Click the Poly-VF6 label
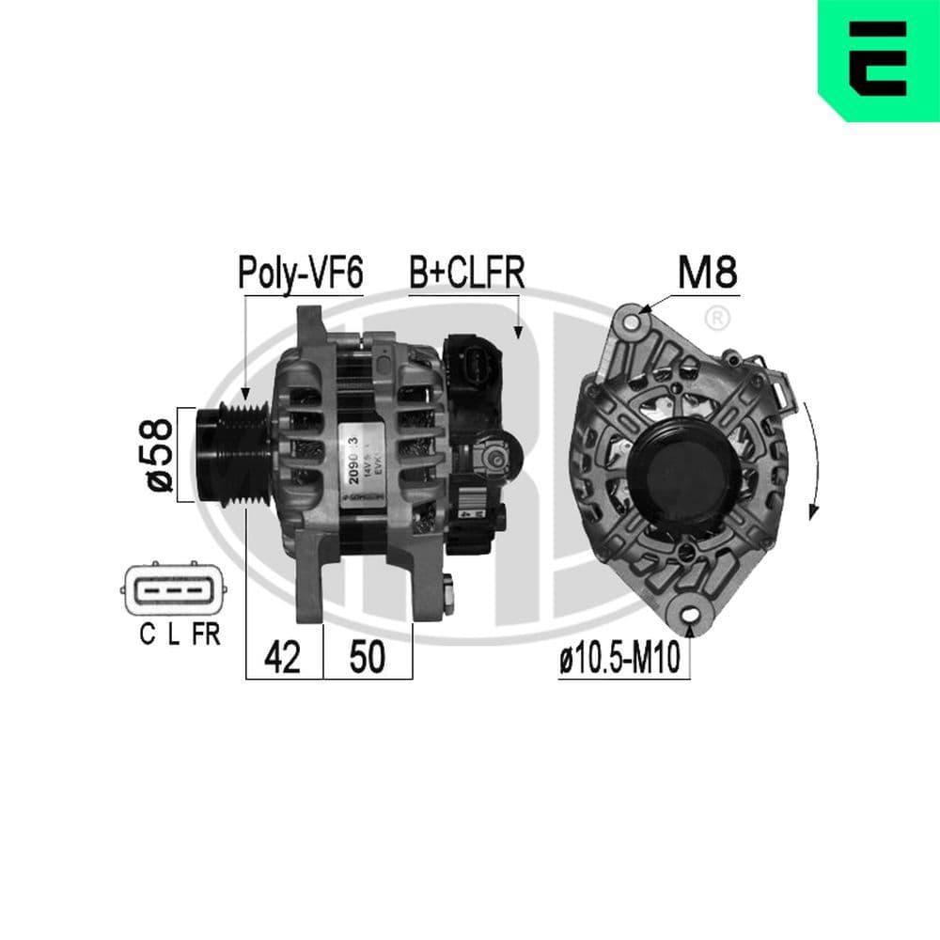(300, 273)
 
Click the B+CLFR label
(465, 273)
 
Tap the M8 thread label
(707, 273)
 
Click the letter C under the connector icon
(147, 635)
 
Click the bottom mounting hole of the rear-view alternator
(695, 616)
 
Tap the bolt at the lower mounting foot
(447, 591)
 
